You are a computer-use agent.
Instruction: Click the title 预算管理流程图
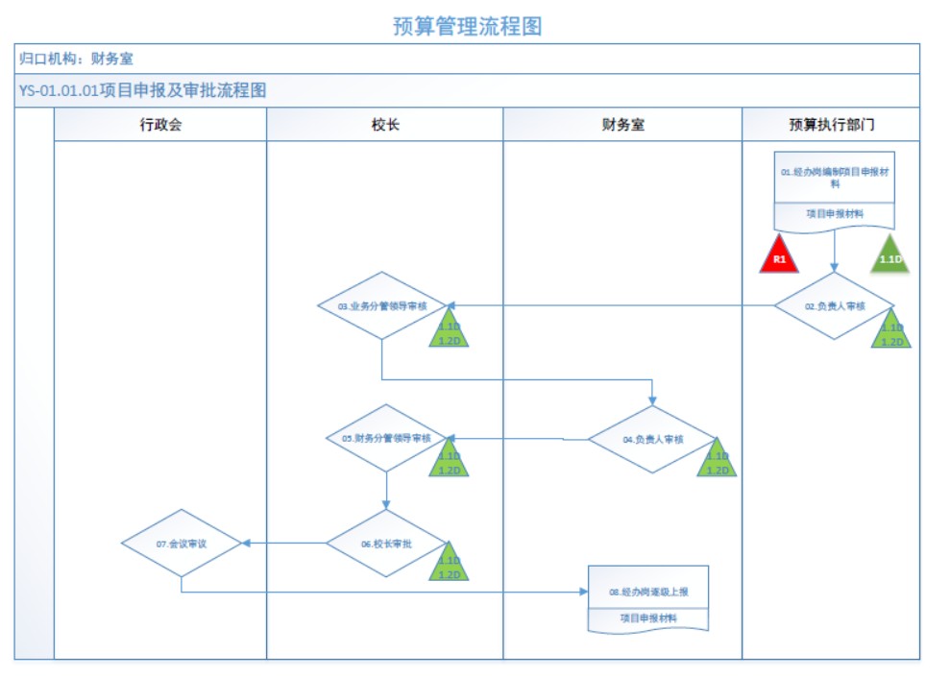pyautogui.click(x=468, y=26)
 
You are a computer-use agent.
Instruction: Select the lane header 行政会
pyautogui.click(x=159, y=125)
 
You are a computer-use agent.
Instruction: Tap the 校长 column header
pyautogui.click(x=385, y=125)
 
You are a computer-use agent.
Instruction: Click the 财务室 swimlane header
pyautogui.click(x=622, y=125)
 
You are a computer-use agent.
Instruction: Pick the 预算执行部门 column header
pyautogui.click(x=831, y=125)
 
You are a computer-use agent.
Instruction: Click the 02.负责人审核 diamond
pyautogui.click(x=834, y=306)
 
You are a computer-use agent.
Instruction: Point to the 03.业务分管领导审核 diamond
pyautogui.click(x=382, y=305)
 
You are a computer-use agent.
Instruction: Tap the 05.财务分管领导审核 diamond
pyautogui.click(x=385, y=438)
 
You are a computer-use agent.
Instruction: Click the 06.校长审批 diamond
pyautogui.click(x=385, y=544)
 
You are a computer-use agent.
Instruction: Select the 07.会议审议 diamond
pyautogui.click(x=182, y=543)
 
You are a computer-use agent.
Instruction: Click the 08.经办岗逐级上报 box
pyautogui.click(x=648, y=593)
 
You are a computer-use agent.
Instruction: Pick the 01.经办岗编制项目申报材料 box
pyautogui.click(x=835, y=178)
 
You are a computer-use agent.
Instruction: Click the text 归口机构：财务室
pyautogui.click(x=77, y=59)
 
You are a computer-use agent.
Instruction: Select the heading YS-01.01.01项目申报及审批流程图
pyautogui.click(x=142, y=91)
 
